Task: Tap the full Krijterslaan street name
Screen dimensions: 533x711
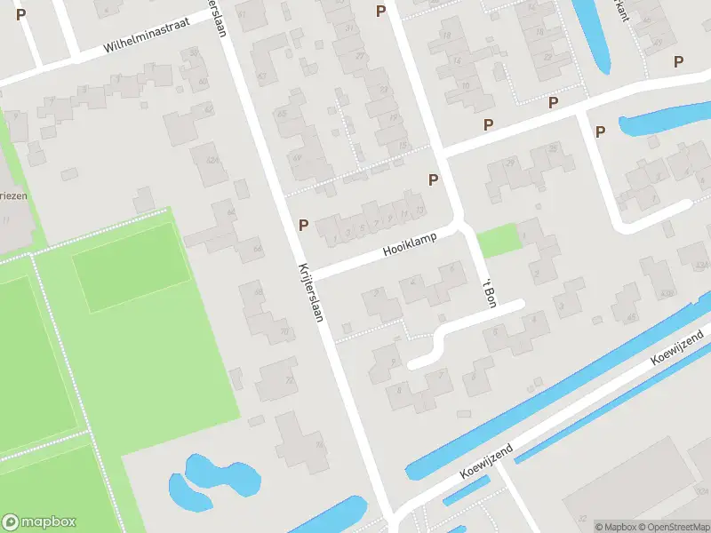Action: pos(310,292)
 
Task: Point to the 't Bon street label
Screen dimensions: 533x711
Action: pos(487,292)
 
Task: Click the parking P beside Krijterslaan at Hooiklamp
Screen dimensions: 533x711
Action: pos(304,226)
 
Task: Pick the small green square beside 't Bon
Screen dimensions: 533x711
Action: pos(497,240)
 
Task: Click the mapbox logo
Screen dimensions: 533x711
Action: pos(39,521)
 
